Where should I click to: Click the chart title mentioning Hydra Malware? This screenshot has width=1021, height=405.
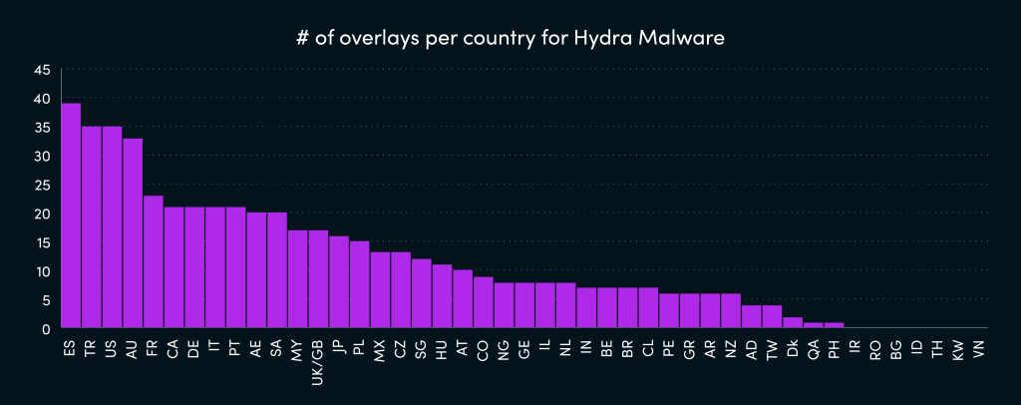pos(510,38)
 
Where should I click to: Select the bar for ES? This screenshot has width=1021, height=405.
pos(71,215)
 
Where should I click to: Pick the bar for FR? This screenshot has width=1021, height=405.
pos(154,261)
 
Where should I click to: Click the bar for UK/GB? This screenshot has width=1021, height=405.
pos(318,279)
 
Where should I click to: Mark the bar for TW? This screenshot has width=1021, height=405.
pos(772,316)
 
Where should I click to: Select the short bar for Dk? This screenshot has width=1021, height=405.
pos(793,322)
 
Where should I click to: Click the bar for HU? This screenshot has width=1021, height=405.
pos(442,296)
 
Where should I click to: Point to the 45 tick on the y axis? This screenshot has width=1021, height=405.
pos(41,70)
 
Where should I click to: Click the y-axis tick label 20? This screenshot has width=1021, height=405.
pos(41,213)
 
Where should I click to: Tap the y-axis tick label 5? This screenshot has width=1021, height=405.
pos(44,300)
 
